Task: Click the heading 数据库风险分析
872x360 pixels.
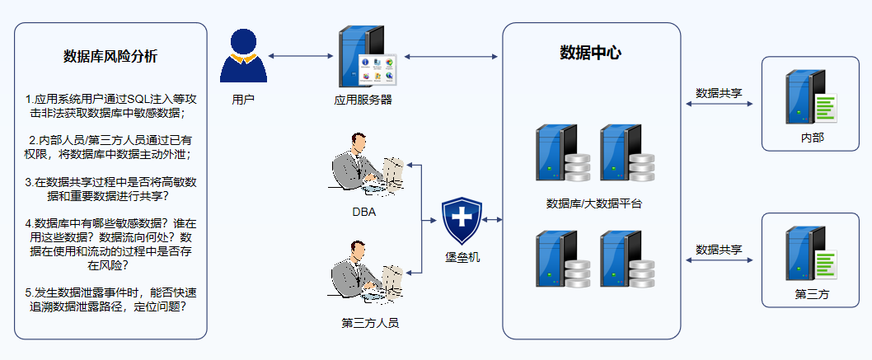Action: [x=110, y=57]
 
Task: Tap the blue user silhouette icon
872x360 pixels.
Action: [x=244, y=55]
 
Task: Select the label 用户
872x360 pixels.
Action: [x=243, y=100]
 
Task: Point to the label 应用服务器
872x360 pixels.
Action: [x=363, y=100]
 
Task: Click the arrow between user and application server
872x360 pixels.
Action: [x=300, y=56]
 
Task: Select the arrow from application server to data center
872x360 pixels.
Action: [x=451, y=56]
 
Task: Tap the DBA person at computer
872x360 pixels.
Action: [x=367, y=164]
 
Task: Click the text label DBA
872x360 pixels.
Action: [x=364, y=212]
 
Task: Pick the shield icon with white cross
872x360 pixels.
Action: [x=461, y=221]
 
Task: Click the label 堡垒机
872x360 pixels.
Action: [x=462, y=257]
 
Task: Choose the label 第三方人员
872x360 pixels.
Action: [x=370, y=323]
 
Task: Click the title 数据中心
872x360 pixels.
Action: [x=590, y=53]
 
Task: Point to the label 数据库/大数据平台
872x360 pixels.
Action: [x=594, y=203]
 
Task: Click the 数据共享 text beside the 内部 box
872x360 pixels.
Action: [x=719, y=93]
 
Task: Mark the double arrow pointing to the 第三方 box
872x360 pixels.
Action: [x=719, y=260]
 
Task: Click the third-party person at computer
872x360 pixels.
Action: [x=367, y=272]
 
